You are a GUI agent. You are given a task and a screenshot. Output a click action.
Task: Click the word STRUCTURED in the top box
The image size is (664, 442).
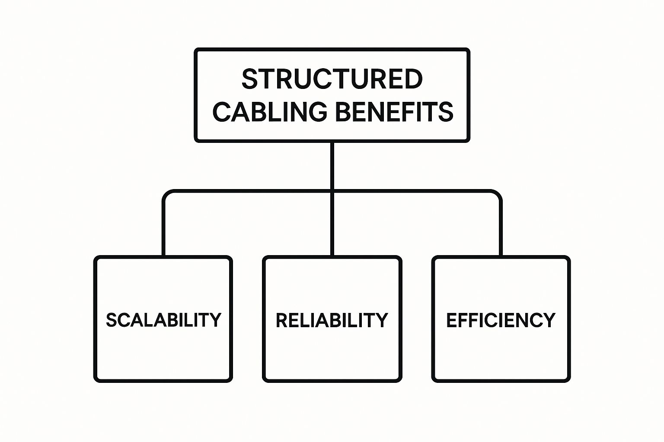pos(332,79)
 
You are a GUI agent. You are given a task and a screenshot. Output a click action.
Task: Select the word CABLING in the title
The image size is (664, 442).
pos(269,112)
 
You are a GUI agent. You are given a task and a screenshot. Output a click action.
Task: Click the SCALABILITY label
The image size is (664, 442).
pos(163,320)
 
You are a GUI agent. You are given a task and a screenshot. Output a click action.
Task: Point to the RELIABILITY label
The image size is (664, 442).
pos(332,320)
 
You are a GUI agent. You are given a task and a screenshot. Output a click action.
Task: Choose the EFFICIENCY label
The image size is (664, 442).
pos(501,320)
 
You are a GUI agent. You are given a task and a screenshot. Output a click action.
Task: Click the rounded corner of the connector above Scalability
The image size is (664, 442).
pos(166,193)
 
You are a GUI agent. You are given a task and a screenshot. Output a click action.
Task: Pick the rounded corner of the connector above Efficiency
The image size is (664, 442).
pos(498,193)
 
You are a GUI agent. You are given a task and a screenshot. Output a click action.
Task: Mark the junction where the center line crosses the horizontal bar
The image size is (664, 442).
pos(332,191)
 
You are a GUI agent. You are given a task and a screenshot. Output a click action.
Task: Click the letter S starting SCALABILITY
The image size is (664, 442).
pos(111,320)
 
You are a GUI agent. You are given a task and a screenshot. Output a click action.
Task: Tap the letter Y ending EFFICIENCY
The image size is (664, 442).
pos(550,320)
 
